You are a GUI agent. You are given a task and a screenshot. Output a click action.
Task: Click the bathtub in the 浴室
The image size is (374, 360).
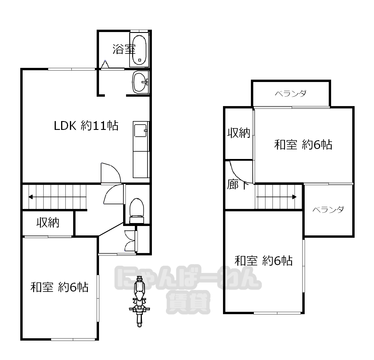139,50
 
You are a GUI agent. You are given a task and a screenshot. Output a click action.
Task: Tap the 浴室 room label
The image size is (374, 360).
124,49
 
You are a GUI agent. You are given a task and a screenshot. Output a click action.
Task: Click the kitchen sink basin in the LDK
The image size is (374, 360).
140,130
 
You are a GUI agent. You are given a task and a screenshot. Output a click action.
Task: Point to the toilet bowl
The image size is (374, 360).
137,211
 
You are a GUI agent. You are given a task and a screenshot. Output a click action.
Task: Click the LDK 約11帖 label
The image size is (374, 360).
86,126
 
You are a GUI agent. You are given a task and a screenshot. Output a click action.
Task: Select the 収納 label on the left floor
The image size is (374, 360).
48,222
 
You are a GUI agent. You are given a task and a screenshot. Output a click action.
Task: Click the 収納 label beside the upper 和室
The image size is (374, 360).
239,133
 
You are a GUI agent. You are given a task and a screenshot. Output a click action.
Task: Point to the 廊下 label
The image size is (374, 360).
238,184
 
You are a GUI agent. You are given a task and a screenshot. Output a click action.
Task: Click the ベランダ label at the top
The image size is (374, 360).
291,94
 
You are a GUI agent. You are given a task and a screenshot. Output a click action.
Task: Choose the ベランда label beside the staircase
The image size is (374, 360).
328,210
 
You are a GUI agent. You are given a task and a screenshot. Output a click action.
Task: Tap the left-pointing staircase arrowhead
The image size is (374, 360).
30,197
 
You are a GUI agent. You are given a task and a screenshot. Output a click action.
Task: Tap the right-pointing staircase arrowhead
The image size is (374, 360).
294,197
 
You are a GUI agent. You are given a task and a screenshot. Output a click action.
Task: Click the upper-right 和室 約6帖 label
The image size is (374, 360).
303,145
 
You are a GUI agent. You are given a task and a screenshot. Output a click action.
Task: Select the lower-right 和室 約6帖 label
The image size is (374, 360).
264,261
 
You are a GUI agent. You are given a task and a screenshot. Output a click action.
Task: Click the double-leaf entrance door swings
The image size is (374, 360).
130,241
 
